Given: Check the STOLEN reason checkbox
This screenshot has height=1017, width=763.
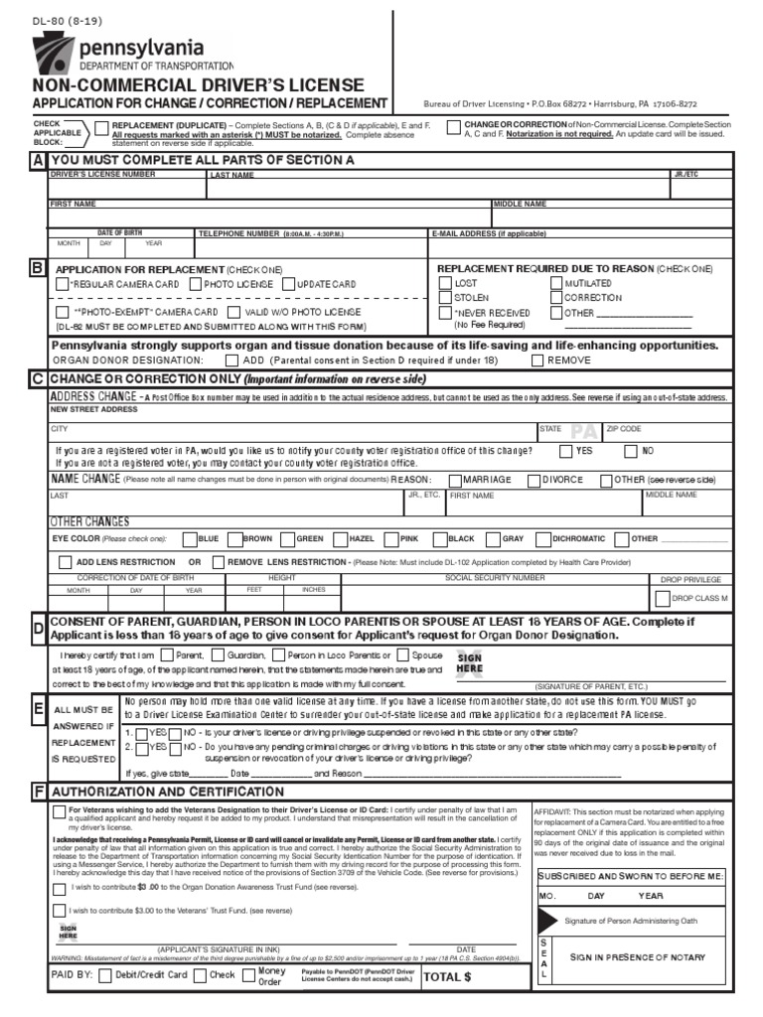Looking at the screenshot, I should (444, 297).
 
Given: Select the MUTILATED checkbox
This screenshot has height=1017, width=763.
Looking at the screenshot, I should (555, 283).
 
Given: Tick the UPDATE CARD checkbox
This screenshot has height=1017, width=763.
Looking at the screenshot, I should (288, 284).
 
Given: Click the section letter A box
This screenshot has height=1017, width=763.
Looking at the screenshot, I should (38, 161).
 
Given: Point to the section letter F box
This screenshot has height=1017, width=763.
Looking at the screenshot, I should (38, 792).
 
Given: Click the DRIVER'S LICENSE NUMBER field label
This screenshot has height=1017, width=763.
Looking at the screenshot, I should (102, 174).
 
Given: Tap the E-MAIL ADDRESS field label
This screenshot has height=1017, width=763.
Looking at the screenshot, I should (489, 233).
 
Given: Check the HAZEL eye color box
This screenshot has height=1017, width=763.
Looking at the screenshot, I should (339, 539).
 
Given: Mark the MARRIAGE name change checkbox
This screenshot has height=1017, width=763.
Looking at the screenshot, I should (455, 479).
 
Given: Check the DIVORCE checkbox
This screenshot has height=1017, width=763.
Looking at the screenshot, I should (533, 479).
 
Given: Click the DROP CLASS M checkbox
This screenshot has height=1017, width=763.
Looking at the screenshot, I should (662, 599).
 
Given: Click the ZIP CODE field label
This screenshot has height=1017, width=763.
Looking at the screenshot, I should (624, 429).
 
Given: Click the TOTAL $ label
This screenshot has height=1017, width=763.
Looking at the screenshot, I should (447, 976).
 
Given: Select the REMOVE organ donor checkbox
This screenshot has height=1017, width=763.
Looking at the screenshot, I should (536, 361).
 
